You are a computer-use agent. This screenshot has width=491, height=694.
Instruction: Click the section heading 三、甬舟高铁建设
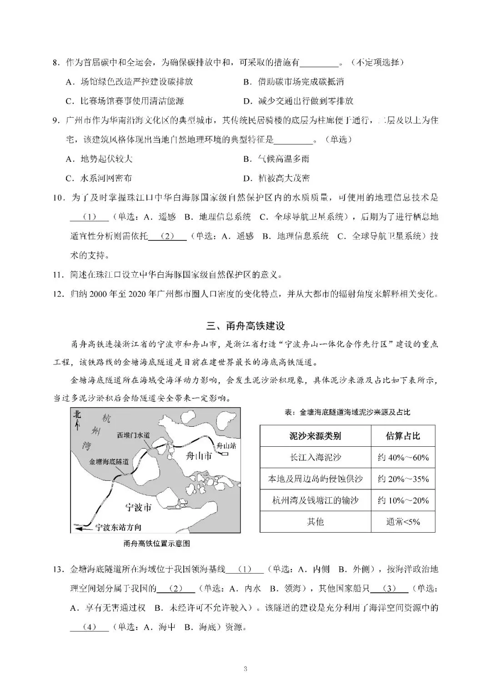pos(245,326)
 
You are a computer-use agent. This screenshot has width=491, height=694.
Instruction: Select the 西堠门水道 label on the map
pos(133,435)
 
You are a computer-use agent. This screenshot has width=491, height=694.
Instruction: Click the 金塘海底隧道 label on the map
pos(109,461)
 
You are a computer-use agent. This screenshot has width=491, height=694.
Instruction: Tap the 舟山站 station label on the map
pos(226,446)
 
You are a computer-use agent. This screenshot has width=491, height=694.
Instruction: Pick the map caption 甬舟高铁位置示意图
pos(156,543)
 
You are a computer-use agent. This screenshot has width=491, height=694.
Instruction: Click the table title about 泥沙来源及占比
pos(347,412)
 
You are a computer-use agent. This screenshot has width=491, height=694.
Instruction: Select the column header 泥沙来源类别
pos(315,436)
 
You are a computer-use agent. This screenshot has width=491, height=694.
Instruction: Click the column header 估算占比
pos(403,436)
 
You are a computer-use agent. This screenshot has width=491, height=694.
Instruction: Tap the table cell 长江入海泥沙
pos(315,458)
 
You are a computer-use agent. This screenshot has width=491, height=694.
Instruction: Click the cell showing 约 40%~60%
pos(403,458)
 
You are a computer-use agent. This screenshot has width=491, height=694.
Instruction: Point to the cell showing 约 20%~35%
pos(403,479)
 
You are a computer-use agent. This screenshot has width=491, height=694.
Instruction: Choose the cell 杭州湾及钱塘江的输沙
pos(315,500)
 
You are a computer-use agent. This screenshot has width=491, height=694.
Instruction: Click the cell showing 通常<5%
pos(403,522)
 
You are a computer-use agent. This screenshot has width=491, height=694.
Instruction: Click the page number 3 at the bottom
pos(245,668)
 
